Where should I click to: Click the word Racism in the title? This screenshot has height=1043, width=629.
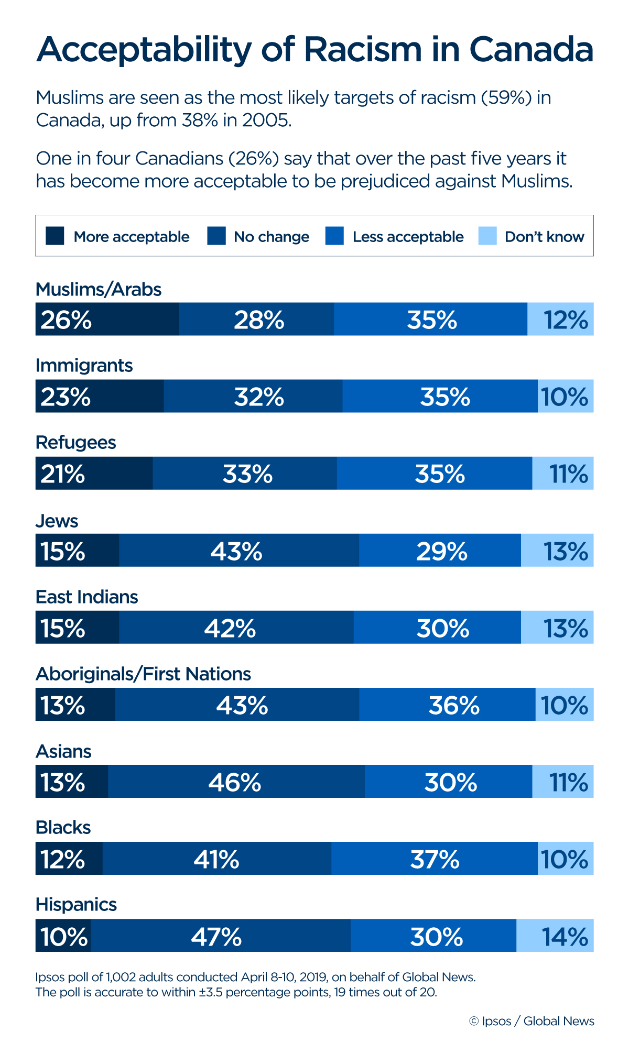coord(362,50)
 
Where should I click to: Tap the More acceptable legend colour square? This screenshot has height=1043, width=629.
coord(55,236)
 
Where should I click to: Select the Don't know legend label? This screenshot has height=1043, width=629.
coord(544,237)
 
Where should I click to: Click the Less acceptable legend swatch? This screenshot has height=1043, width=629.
coord(334,236)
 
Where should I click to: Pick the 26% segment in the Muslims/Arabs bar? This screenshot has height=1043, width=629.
coord(107,319)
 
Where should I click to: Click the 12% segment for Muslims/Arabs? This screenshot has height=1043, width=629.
coord(560,319)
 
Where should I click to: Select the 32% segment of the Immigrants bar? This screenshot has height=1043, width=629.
coord(253,396)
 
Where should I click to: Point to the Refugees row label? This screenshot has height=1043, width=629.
coord(75,443)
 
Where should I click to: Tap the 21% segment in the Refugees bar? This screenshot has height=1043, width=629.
coord(94,473)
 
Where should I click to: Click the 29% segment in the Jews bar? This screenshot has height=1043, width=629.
coord(440,550)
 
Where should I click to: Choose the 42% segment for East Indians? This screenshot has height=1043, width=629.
coord(236,627)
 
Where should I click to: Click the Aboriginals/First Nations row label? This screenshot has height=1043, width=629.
coord(143,674)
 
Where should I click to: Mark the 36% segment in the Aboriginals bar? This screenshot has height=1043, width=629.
coord(448,705)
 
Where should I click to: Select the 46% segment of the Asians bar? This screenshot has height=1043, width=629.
coord(236,782)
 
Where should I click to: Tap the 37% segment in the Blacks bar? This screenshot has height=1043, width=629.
coord(435,859)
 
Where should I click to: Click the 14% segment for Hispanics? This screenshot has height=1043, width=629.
coord(555,936)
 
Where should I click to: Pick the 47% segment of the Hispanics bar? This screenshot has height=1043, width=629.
coord(220,936)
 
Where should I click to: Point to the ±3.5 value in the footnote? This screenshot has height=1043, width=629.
coord(210,992)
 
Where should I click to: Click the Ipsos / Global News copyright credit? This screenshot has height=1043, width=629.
coord(532,1021)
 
